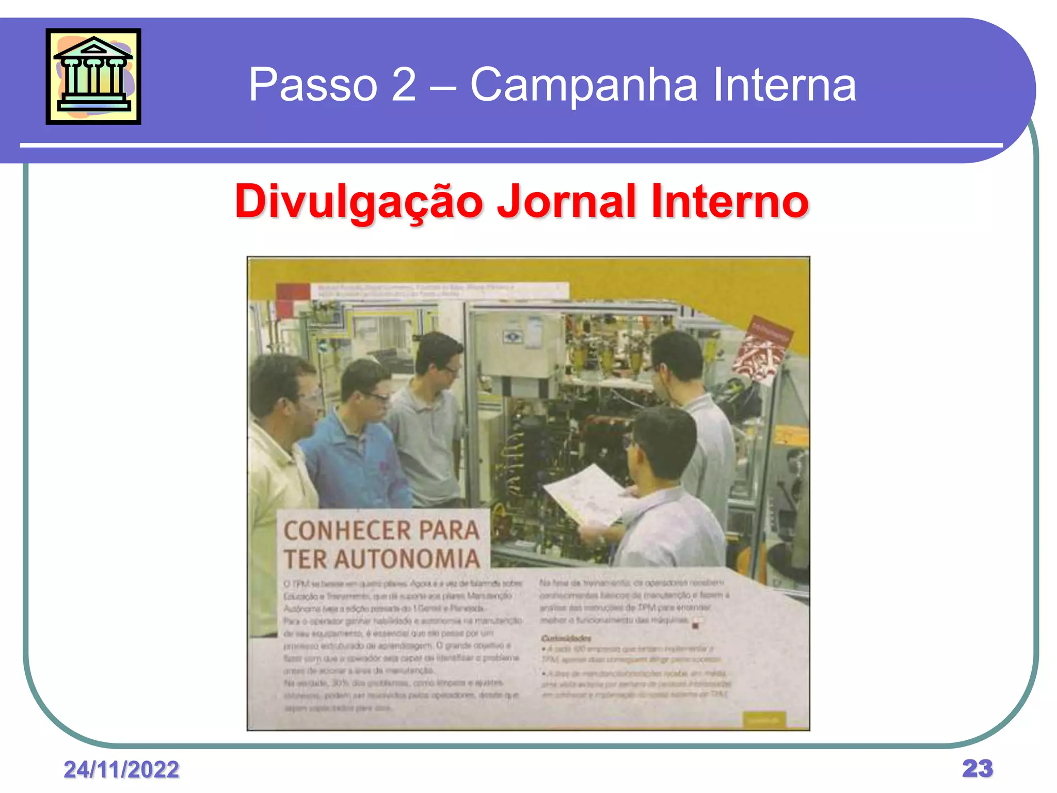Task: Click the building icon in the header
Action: point(93,76)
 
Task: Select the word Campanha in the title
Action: point(583,85)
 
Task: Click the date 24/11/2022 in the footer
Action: point(121,769)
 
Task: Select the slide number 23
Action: point(977,768)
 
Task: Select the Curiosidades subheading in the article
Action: point(566,638)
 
